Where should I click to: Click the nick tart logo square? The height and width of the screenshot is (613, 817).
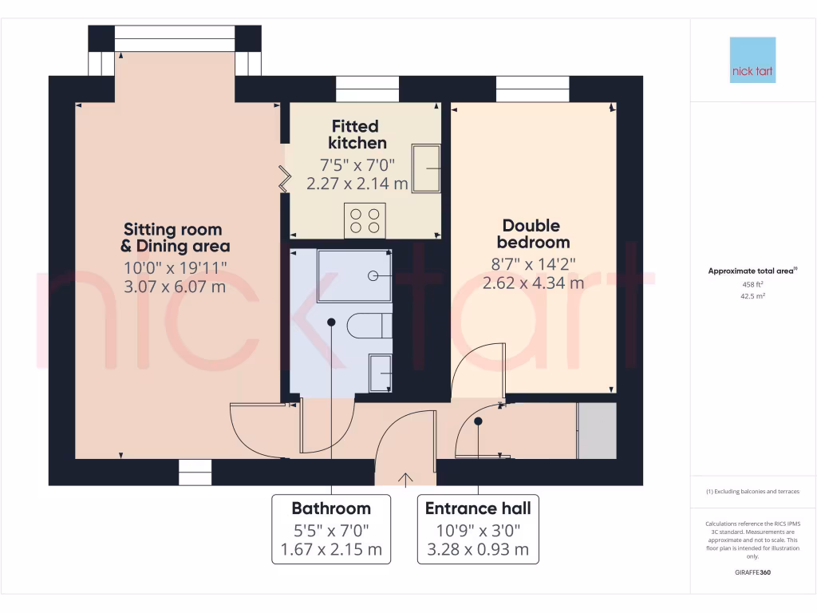tap(752, 60)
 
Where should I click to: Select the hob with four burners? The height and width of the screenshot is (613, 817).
tap(365, 219)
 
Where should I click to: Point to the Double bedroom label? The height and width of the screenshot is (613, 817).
tap(533, 234)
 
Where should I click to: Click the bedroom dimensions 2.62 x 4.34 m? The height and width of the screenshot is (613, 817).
tap(533, 282)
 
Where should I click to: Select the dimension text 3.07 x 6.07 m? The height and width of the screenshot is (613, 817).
tap(175, 286)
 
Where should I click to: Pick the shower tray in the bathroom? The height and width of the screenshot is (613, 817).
tap(354, 275)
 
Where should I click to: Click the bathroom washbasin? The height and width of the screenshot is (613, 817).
tap(381, 374)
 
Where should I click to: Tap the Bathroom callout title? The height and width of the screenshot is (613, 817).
tap(331, 508)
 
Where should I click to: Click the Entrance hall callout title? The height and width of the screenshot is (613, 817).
tap(477, 508)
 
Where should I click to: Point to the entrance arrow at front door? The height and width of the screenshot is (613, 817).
tap(405, 478)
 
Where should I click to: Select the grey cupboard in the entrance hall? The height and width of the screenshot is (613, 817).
tap(597, 431)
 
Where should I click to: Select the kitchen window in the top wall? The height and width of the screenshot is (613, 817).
tap(367, 89)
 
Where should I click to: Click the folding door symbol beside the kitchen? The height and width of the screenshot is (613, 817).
tap(284, 179)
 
